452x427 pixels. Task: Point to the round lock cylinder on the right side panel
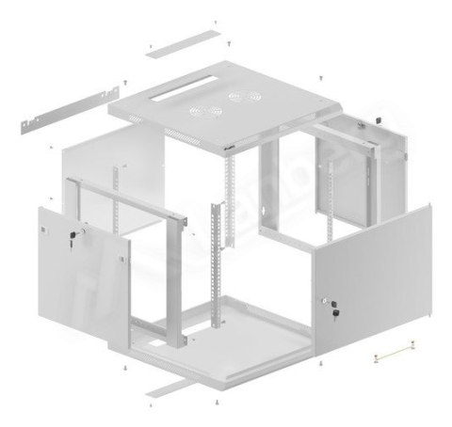[x=331, y=300]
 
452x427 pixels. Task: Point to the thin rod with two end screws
[x=395, y=350]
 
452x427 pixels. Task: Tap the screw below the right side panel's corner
[x=323, y=362]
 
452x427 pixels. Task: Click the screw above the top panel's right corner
[x=323, y=74]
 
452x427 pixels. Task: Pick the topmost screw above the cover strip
[x=215, y=20]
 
